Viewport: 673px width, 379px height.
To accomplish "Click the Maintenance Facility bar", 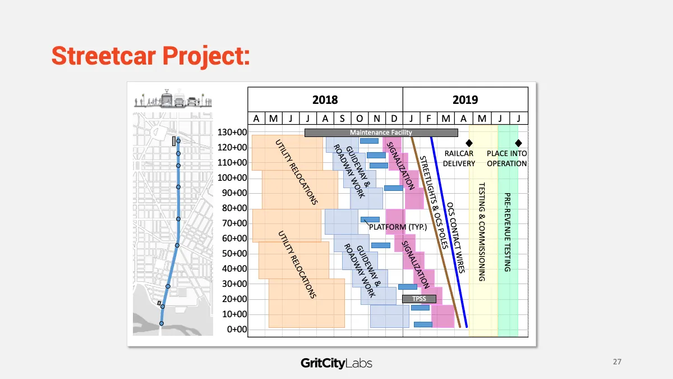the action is coord(381,133).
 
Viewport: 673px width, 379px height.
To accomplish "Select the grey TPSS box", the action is coord(419,299).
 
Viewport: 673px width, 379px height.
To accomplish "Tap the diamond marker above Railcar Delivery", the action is coord(469,143).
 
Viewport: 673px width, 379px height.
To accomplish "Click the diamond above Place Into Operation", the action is coord(518,143).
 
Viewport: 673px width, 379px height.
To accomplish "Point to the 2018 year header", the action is coord(325,100).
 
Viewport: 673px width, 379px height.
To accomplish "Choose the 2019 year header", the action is coord(465,100).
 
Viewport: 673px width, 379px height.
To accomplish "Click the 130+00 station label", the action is coord(232,133).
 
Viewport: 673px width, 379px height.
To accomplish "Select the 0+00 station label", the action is coord(237,330).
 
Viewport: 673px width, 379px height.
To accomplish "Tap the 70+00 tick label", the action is coord(234,223).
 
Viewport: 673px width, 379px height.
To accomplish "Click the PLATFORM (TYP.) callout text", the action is coord(398,227).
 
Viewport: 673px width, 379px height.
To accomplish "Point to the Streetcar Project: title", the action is coord(151,56).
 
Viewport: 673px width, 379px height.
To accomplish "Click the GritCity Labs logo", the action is coord(336,363).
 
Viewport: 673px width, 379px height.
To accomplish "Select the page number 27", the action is coord(617,362).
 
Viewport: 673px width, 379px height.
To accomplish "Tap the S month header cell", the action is coord(342,118).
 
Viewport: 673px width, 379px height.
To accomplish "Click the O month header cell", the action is coord(359,118).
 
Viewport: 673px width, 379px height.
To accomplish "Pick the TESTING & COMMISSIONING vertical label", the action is coord(482,232).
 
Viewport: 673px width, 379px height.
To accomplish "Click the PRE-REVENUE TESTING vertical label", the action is coord(508,232).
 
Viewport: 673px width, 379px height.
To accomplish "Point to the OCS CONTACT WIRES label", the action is coord(456,238).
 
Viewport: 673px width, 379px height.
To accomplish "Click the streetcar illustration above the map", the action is coord(173,98).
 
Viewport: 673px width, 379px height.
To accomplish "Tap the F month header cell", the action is coord(428,118).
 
